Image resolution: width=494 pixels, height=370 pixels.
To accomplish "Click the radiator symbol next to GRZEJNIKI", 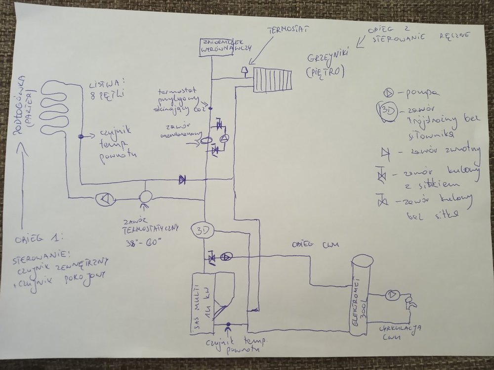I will [x=273, y=79].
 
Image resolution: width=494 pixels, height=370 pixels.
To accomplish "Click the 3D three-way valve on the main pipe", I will [x=203, y=231].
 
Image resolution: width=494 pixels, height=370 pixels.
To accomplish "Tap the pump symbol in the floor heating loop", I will [x=105, y=199].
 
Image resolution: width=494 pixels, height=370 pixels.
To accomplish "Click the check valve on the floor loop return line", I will [x=182, y=180].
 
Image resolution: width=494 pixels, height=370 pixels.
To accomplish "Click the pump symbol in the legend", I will [x=389, y=92].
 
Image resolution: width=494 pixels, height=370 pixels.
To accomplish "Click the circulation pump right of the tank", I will [x=392, y=295].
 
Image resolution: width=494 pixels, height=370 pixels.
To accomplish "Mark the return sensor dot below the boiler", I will [x=228, y=327].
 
